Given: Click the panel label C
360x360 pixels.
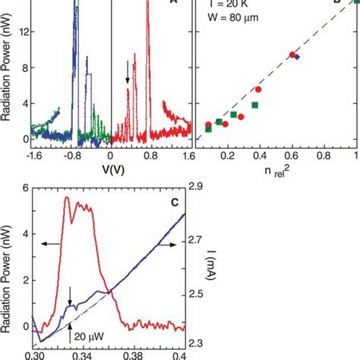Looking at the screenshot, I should pyautogui.click(x=174, y=202).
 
